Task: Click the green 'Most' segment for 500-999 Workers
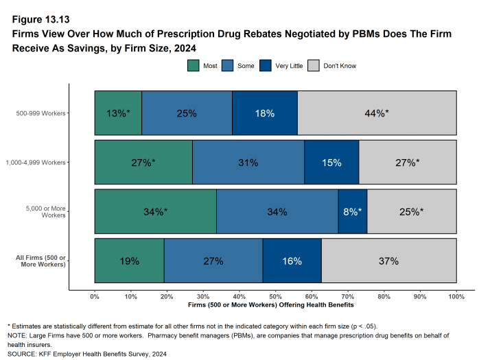click(118, 112)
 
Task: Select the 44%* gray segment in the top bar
click(377, 112)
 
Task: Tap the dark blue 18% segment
click(265, 112)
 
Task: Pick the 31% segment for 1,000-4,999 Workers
click(248, 163)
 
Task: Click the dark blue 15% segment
click(331, 163)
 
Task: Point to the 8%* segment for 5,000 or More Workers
click(353, 212)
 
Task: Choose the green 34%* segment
click(155, 212)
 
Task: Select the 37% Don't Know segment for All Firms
click(388, 261)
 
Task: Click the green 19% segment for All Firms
click(129, 261)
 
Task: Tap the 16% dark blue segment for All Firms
click(292, 261)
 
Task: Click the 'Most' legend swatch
click(194, 66)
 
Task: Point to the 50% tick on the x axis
click(275, 296)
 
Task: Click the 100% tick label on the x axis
click(456, 296)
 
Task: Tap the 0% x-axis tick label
click(95, 296)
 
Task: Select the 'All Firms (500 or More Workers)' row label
click(40, 261)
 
